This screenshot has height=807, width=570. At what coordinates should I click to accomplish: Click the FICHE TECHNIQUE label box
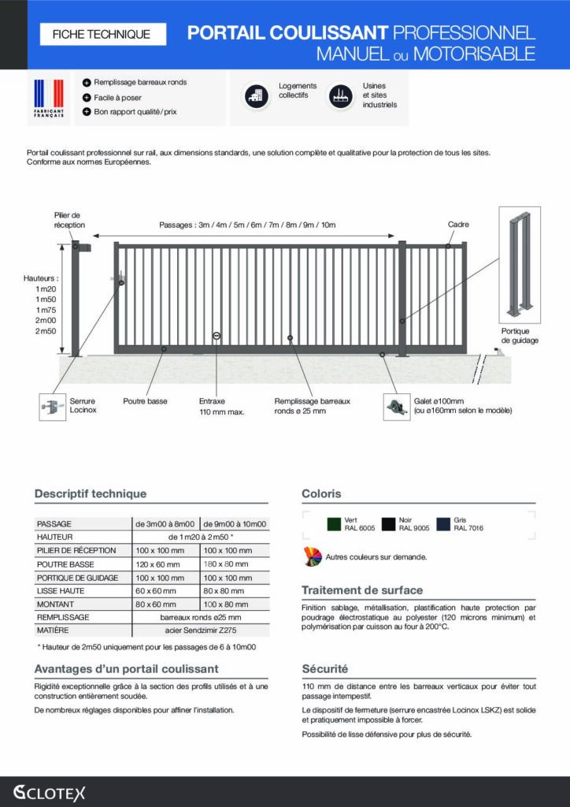pos(101,34)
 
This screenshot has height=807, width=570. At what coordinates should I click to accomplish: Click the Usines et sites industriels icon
pos(340,95)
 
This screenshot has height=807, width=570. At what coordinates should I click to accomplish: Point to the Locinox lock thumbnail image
pos(52,407)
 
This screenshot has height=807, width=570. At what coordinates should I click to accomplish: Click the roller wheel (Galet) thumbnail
pos(396,407)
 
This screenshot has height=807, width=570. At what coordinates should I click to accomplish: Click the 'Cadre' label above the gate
pos(458,225)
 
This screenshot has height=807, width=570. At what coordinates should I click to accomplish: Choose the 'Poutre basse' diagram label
pos(145,401)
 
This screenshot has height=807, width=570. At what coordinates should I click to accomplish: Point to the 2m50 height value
pos(46,331)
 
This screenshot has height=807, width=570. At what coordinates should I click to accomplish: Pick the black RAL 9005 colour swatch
pos(388,524)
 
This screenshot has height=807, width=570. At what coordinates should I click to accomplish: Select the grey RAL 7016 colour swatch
pos(443,524)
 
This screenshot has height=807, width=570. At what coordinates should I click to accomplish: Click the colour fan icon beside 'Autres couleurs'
pos(312,556)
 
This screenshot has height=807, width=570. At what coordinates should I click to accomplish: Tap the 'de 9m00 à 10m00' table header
pos(235,524)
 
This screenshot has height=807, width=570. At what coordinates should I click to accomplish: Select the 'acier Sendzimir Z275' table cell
pos(201,631)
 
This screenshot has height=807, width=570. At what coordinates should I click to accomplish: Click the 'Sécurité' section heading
pos(324,669)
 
